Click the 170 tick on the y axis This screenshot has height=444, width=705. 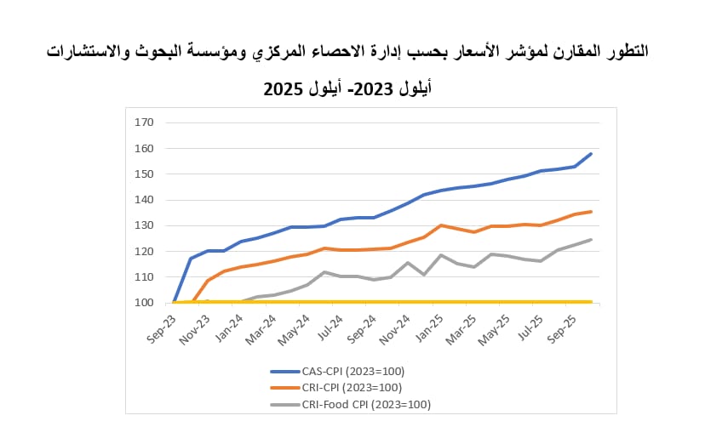tap(144, 122)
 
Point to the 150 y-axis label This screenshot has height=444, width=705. tap(144, 174)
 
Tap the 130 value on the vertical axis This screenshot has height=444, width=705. tap(144, 225)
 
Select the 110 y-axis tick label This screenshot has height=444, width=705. tap(144, 277)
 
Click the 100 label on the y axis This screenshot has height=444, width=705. tap(144, 303)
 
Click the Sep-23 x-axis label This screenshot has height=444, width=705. tap(162, 329)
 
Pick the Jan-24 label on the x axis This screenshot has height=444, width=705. tap(229, 328)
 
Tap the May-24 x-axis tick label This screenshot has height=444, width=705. tap(294, 330)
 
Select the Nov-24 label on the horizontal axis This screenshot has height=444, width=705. tap(395, 329)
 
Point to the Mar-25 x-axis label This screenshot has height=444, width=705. tap(461, 329)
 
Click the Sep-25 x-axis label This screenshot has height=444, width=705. tap(562, 329)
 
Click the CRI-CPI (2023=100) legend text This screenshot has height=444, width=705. tap(352, 387)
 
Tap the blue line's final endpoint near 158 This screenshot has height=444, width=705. tap(591, 154)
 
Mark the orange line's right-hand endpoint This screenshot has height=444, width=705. tap(591, 212)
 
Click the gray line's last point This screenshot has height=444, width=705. tap(591, 240)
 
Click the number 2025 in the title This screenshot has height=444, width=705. tap(284, 89)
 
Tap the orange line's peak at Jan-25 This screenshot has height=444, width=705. tap(441, 225)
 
